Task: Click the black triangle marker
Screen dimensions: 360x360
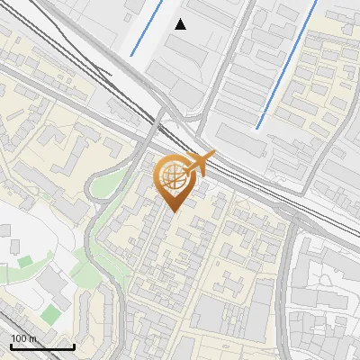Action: click(181, 24)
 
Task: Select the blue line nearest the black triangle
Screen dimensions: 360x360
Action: click(147, 28)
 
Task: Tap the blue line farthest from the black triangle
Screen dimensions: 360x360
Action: click(288, 63)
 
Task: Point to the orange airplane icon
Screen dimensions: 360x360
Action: click(200, 163)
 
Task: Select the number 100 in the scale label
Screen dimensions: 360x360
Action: click(20, 338)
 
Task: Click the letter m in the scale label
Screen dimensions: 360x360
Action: click(32, 338)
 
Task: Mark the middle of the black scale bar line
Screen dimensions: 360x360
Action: click(42, 346)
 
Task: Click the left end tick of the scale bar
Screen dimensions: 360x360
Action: click(11, 345)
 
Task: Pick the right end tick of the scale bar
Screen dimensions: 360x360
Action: click(74, 345)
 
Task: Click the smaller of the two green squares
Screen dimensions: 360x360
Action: click(24, 262)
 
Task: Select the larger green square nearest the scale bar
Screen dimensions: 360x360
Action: click(50, 313)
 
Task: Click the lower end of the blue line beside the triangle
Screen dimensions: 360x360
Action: click(131, 56)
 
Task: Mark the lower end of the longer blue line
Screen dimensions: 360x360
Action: click(258, 127)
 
